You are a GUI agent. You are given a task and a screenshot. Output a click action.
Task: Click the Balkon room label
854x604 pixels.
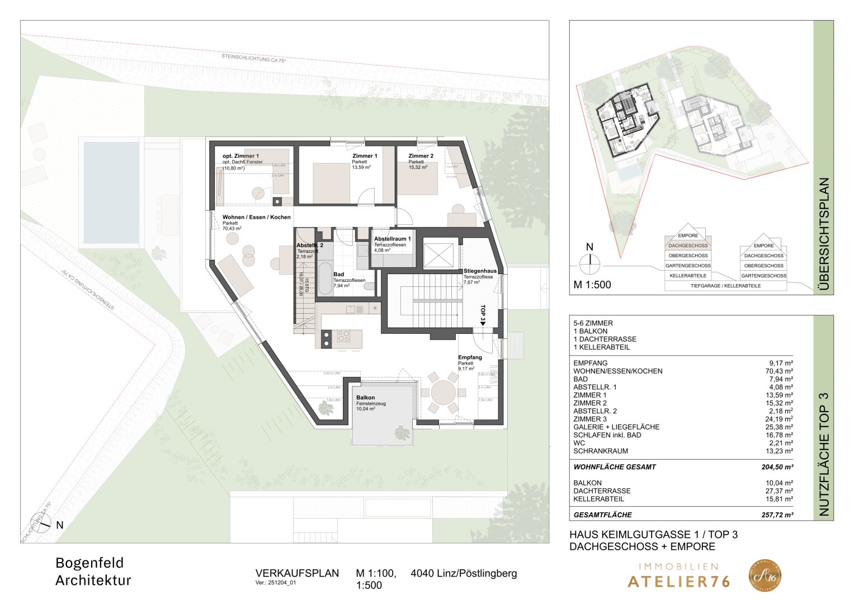click(x=366, y=398)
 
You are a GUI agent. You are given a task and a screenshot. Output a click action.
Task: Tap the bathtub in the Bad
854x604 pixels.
click(x=324, y=278)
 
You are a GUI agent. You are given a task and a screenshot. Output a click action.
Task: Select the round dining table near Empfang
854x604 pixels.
click(x=443, y=393)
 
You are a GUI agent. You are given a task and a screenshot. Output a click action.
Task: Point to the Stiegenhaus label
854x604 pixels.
click(x=479, y=271)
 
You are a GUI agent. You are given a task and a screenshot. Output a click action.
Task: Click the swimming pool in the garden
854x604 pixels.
click(x=111, y=192)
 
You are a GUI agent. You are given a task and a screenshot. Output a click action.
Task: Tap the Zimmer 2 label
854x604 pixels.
click(x=421, y=156)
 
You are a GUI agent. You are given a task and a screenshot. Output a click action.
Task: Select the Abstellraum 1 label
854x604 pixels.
click(x=392, y=239)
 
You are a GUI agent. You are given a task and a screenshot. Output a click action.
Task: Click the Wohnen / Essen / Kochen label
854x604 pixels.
click(x=256, y=217)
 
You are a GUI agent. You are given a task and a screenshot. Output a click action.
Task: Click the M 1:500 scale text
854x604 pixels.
click(x=592, y=285)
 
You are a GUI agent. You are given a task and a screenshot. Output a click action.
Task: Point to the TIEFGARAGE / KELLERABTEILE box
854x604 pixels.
click(x=725, y=286)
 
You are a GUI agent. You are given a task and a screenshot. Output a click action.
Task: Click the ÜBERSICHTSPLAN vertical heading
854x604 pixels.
click(x=824, y=235)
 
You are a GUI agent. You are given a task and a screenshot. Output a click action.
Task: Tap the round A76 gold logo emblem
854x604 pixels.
click(x=765, y=576)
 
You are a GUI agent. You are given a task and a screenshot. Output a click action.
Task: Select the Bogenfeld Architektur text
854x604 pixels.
click(x=93, y=572)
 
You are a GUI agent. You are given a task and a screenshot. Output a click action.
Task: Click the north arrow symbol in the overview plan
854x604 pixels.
click(x=589, y=263)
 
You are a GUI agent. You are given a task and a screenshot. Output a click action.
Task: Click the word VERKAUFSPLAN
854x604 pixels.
click(x=297, y=573)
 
